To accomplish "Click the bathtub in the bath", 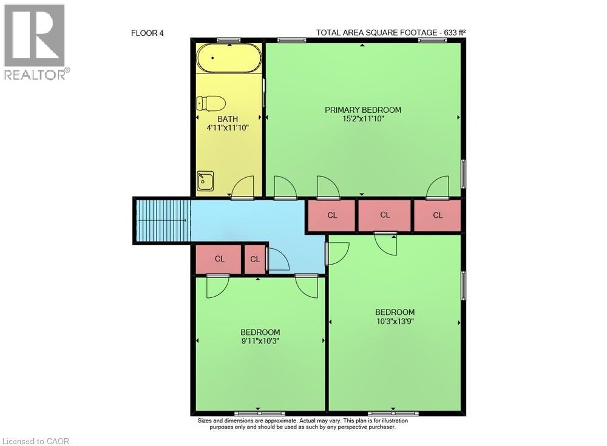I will click(x=229, y=59).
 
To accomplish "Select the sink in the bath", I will click(x=205, y=180).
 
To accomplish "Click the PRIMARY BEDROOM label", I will click(x=363, y=110).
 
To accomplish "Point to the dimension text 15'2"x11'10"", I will click(x=363, y=119).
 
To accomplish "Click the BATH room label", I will click(x=228, y=119).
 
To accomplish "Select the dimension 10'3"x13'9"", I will click(x=395, y=321).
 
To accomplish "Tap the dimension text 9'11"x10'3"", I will click(x=260, y=341).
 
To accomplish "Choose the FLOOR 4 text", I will click(x=148, y=33).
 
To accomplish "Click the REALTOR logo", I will click(x=35, y=42).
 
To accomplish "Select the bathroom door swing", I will click(x=243, y=187).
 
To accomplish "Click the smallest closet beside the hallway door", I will click(x=255, y=259).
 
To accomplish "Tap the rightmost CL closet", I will click(x=438, y=215).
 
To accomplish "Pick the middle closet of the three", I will click(x=385, y=215).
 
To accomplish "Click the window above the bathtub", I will click(x=228, y=40).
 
